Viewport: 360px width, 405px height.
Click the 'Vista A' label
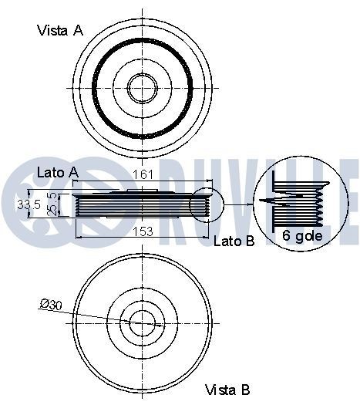coord(61,31)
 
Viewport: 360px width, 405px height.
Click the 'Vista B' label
coord(227,390)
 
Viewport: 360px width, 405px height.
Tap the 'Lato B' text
coord(234,241)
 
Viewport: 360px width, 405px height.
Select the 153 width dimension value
coord(143,231)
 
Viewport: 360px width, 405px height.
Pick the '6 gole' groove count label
coord(303,236)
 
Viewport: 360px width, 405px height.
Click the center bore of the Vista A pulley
coord(142,87)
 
